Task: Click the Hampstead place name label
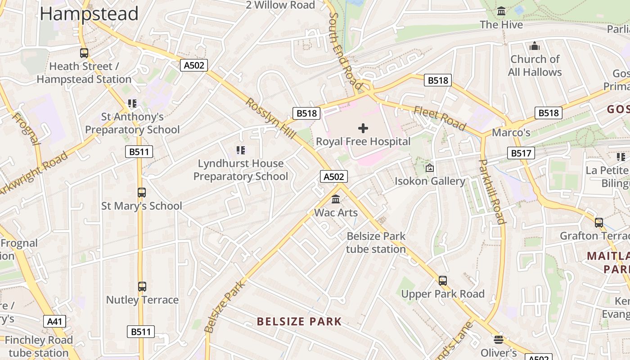89,13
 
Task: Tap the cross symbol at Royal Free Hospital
363,128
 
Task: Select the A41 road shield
55,321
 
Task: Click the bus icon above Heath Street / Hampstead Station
84,53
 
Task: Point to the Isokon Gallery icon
429,168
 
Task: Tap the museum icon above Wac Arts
336,199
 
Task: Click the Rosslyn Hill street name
270,118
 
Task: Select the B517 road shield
521,153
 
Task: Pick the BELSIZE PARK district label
299,322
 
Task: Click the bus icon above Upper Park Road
443,281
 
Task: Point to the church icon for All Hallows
535,46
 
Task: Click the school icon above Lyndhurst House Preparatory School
241,150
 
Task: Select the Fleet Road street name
439,118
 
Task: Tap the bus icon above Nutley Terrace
142,287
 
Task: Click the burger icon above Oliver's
498,339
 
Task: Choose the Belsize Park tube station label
376,243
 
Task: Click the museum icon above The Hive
501,11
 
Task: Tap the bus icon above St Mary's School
142,193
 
